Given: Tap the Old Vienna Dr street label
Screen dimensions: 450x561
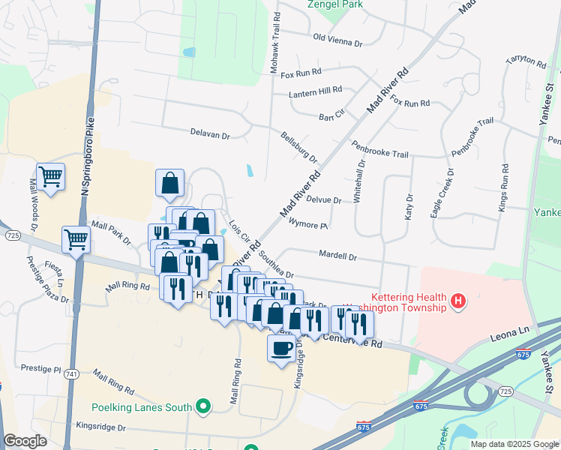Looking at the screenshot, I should pos(337,40).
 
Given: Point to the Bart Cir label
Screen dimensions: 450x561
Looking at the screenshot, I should pos(331,117).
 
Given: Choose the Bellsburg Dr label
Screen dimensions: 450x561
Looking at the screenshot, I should pos(299,148).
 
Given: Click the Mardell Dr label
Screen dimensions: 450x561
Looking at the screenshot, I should pos(337,256).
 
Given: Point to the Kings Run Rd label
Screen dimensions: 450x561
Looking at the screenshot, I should pos(503,187).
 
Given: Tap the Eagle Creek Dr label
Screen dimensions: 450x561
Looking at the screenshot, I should pos(442,193).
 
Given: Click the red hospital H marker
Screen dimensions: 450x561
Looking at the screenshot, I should pos(458,303).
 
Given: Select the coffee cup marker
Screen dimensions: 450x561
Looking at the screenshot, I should pos(281,349).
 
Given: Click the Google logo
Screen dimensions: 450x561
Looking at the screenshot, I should pos(25,442).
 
